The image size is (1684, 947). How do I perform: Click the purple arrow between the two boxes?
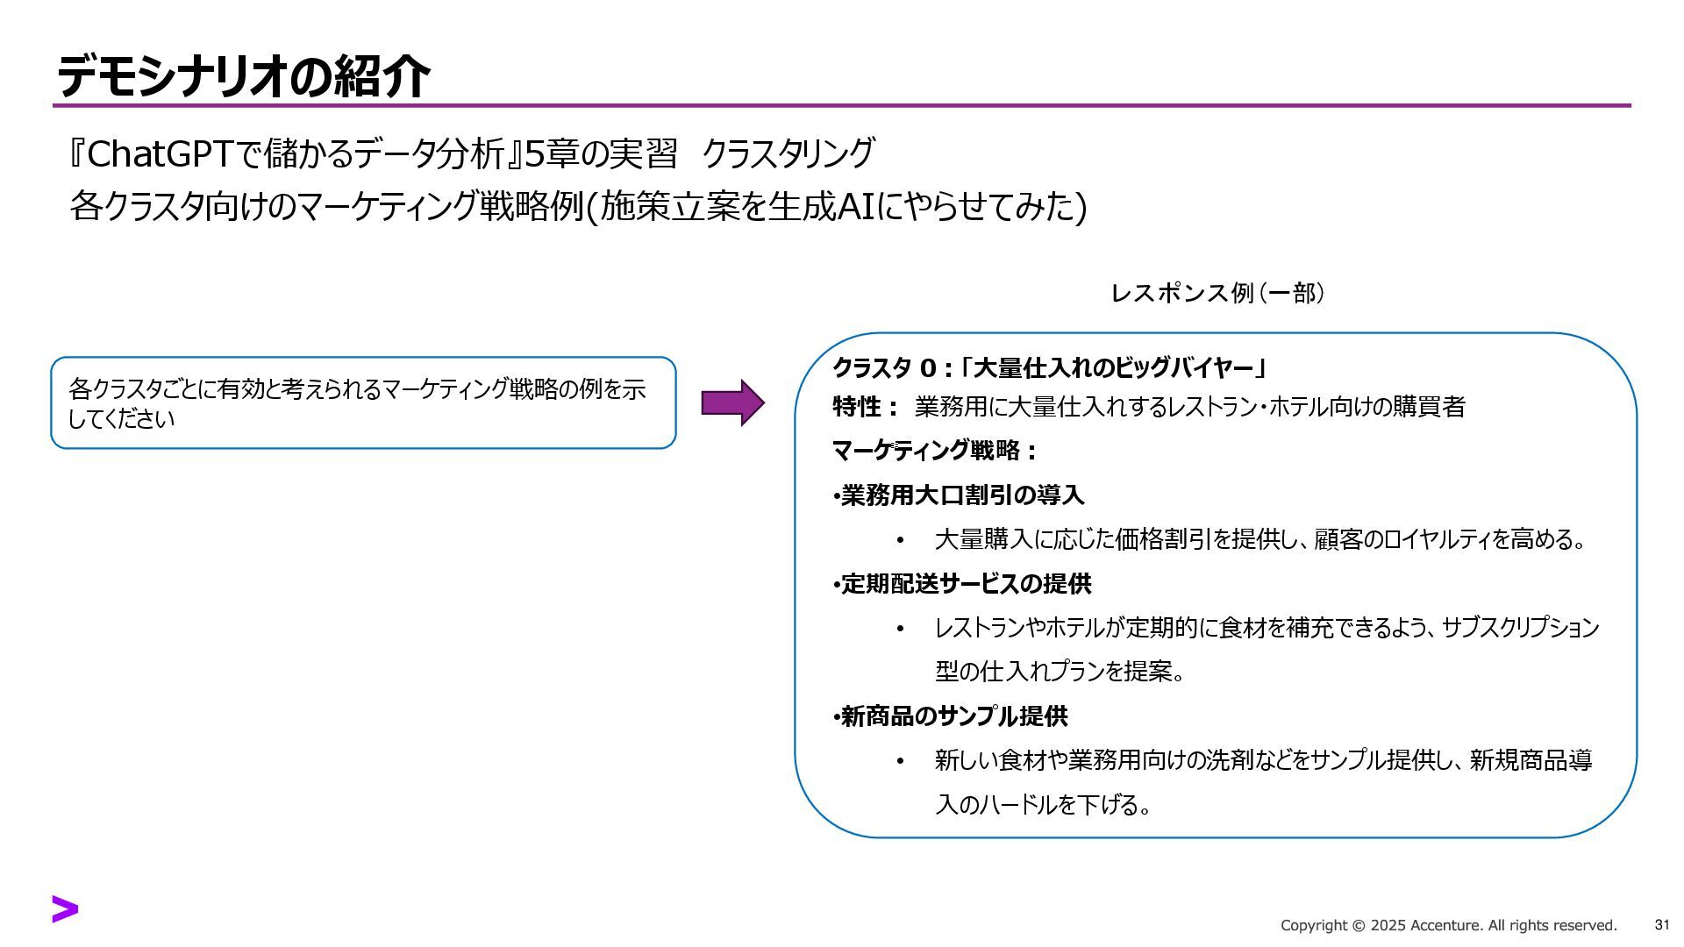732,403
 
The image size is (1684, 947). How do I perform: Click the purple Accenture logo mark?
65,909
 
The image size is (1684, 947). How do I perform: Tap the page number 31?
1661,925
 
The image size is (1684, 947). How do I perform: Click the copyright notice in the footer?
1448,926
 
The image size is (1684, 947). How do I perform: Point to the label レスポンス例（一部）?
1217,293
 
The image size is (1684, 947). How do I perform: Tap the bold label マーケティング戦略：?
934,451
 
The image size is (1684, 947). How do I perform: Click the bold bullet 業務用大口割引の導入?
962,495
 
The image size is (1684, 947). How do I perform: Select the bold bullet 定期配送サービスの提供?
966,584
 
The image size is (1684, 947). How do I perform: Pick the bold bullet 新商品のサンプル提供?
954,716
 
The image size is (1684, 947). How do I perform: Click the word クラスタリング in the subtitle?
788,154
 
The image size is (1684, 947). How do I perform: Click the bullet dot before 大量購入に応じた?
900,540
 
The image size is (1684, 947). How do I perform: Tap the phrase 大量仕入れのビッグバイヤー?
1113,367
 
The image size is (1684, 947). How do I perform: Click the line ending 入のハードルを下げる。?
1044,804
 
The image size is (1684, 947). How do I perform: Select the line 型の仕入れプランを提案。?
1060,672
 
